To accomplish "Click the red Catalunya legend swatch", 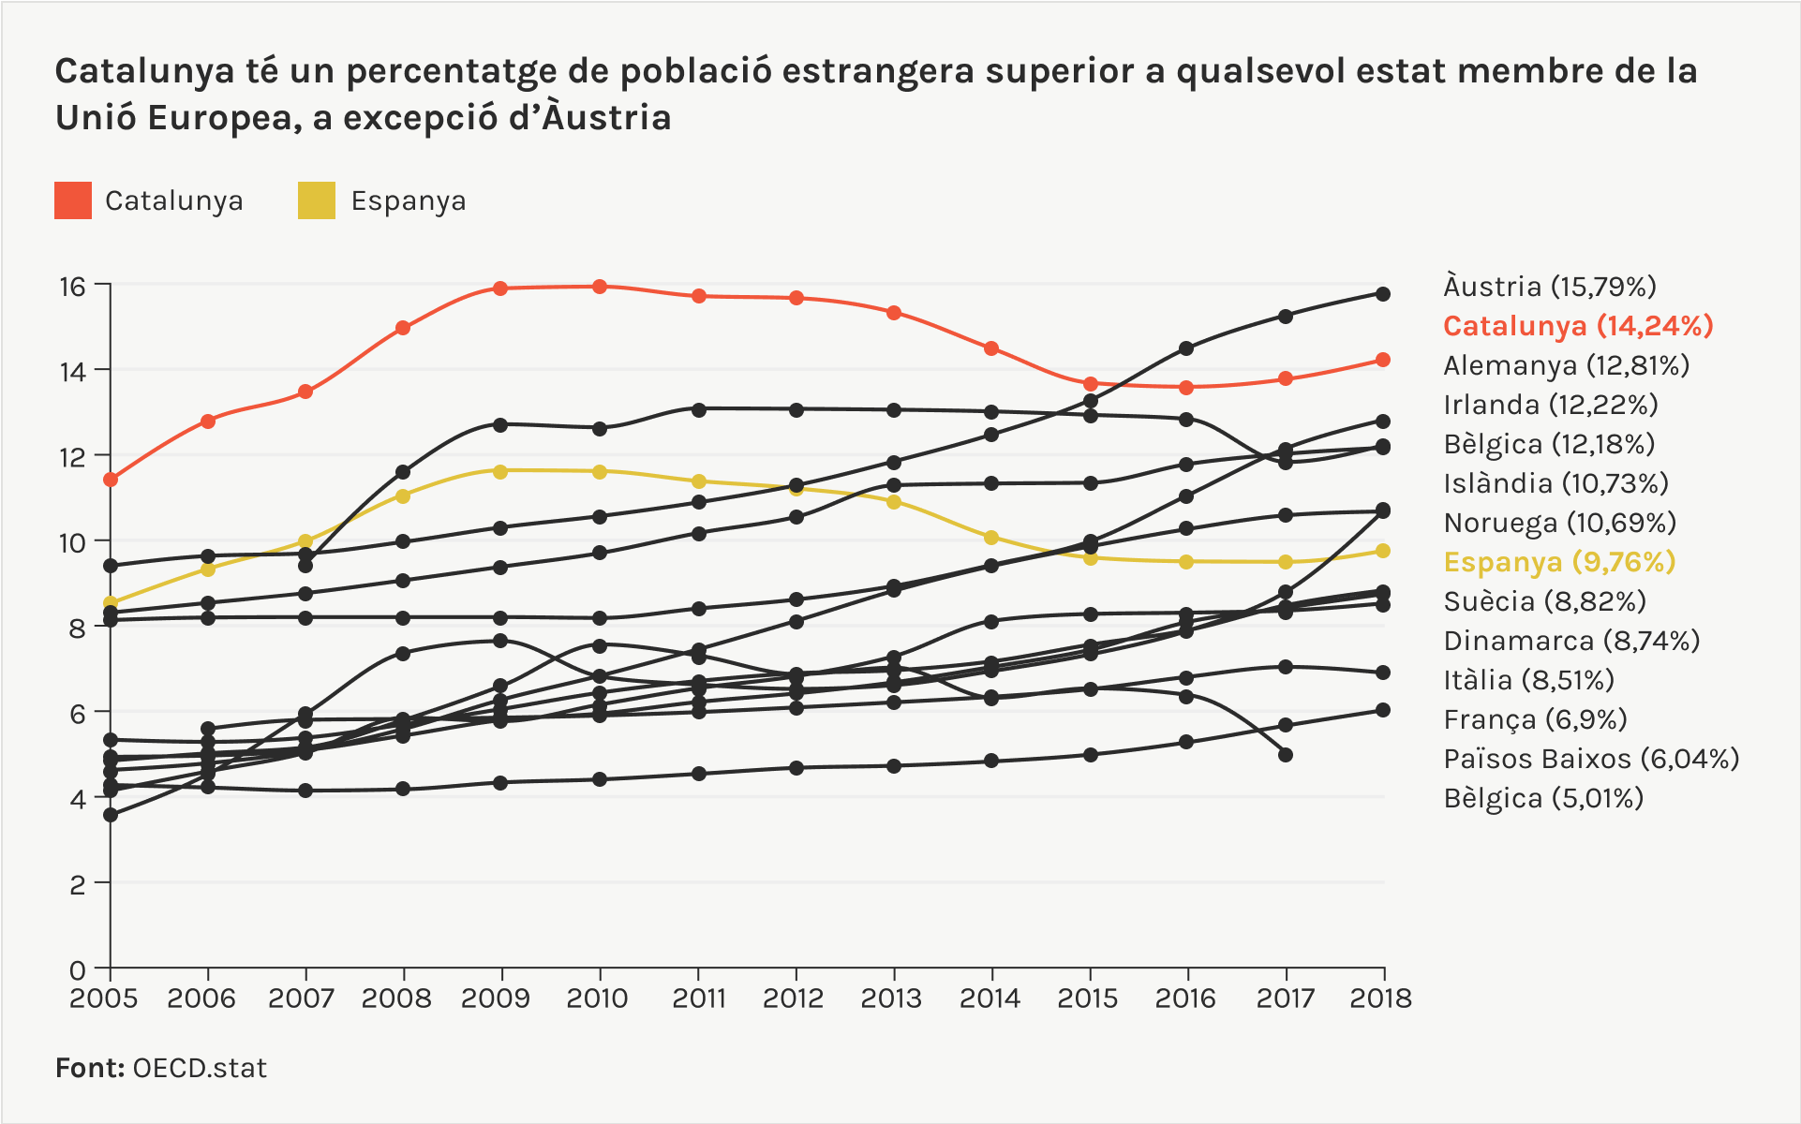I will pos(73,200).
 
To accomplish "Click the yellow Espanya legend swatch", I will pos(316,200).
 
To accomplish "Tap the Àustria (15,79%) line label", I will pos(1550,287).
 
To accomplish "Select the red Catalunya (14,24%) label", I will pos(1578,326).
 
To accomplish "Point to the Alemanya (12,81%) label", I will pos(1566,365).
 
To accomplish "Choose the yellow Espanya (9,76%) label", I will pos(1559,562).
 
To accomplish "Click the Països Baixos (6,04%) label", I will pos(1591,759).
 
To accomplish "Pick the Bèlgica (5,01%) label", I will pos(1543,798).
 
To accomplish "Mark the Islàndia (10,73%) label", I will pos(1556,483).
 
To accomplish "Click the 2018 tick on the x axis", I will pos(1380,998).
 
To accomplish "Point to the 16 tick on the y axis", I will pos(73,287).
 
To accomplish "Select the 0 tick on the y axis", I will pos(78,969).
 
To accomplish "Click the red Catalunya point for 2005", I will pos(111,480).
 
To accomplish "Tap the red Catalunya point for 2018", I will pos(1383,360).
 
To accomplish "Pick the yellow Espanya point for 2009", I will pos(500,471).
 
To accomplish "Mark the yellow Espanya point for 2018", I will pos(1383,551).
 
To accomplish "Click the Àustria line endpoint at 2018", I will pos(1383,294).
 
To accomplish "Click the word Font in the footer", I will pos(89,1069).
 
